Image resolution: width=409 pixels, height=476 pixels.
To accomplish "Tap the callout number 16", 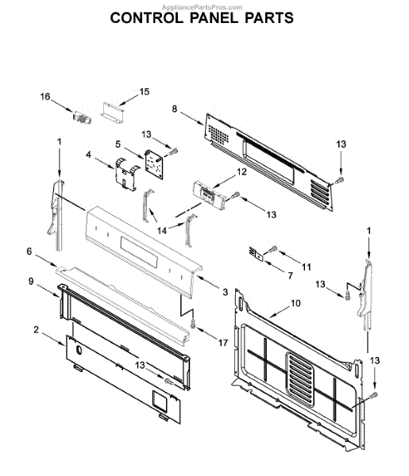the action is coord(45,97).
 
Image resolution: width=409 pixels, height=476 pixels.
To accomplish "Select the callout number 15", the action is coord(145,91).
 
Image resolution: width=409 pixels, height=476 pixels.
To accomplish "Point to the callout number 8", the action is coord(174,109).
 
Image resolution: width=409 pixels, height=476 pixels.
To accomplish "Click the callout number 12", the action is coord(241,171).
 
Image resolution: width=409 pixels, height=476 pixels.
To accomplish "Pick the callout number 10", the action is coord(295,303).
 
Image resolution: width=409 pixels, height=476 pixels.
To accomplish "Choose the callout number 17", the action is coord(222,343).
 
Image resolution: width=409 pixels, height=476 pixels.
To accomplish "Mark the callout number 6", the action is coord(29,251).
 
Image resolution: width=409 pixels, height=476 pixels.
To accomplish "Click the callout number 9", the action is coord(31,282).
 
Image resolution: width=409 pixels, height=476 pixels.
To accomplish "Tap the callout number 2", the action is coord(37,329).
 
